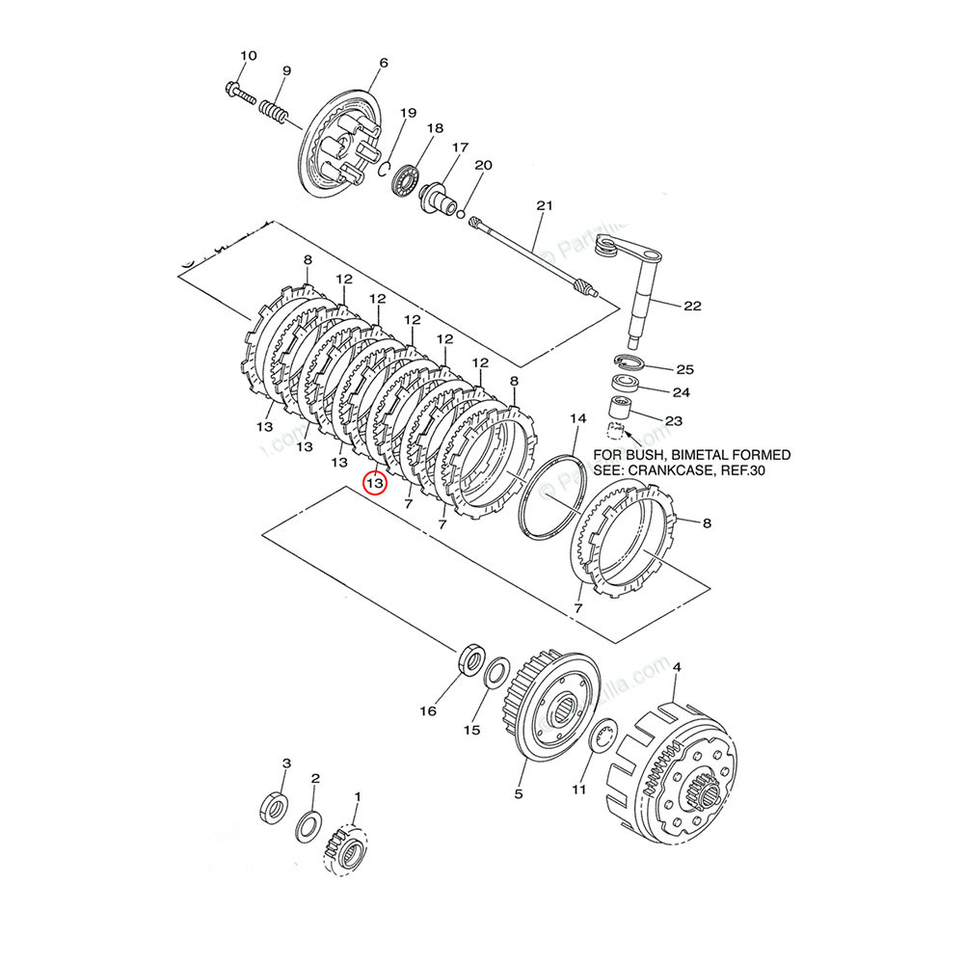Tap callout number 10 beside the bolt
coord(248,56)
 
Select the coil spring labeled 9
coord(273,105)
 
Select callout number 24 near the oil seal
coord(683,392)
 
